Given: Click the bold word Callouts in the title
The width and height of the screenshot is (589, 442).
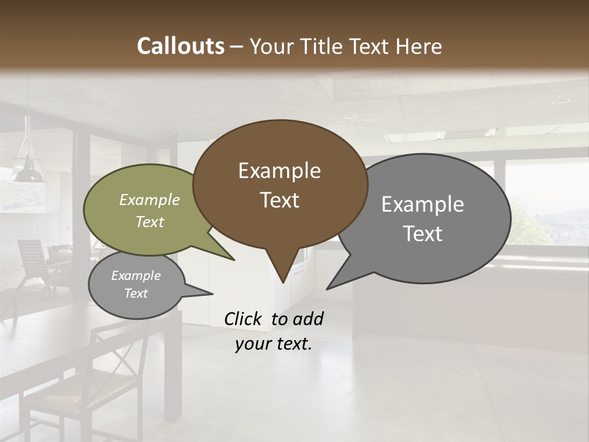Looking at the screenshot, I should click(180, 46).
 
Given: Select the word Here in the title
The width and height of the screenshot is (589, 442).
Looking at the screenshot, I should click(420, 46).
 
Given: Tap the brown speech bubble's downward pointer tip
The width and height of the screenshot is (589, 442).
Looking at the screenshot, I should click(282, 282).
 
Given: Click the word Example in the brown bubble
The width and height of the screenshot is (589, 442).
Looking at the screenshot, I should click(279, 171).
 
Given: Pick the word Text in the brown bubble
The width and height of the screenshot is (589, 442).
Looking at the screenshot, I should click(279, 200).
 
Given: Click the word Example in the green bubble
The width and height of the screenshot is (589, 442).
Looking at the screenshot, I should click(149, 200).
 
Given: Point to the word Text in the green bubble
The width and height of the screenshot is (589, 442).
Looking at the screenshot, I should click(149, 222).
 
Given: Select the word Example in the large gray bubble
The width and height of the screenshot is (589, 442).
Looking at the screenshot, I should click(422, 204).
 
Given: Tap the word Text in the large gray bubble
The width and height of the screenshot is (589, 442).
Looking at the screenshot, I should click(422, 234).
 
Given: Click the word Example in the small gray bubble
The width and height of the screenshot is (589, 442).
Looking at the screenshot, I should click(136, 276).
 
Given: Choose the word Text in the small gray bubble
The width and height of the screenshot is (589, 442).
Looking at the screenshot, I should click(136, 293).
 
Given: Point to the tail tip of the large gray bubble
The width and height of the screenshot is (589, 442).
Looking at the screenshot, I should click(328, 288).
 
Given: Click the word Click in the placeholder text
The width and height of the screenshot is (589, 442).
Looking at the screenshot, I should click(244, 319).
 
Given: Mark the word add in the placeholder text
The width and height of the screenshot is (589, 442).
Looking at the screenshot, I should click(307, 319).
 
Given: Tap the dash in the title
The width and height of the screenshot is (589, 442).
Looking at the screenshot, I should click(237, 47).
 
